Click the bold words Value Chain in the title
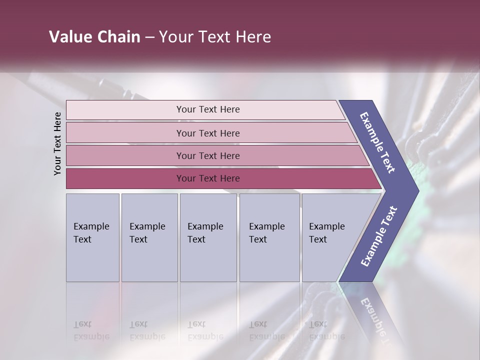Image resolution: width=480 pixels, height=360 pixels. point(94,37)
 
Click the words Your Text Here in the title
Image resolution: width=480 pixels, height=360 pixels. point(215,37)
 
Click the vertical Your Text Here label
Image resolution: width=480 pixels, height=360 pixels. point(57,144)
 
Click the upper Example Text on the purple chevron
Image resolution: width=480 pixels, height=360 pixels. point(377,142)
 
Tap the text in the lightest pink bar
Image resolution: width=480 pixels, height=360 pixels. point(208,109)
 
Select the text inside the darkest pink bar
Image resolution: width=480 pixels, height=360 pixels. point(208,178)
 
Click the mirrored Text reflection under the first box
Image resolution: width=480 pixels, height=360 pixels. point(82,324)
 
